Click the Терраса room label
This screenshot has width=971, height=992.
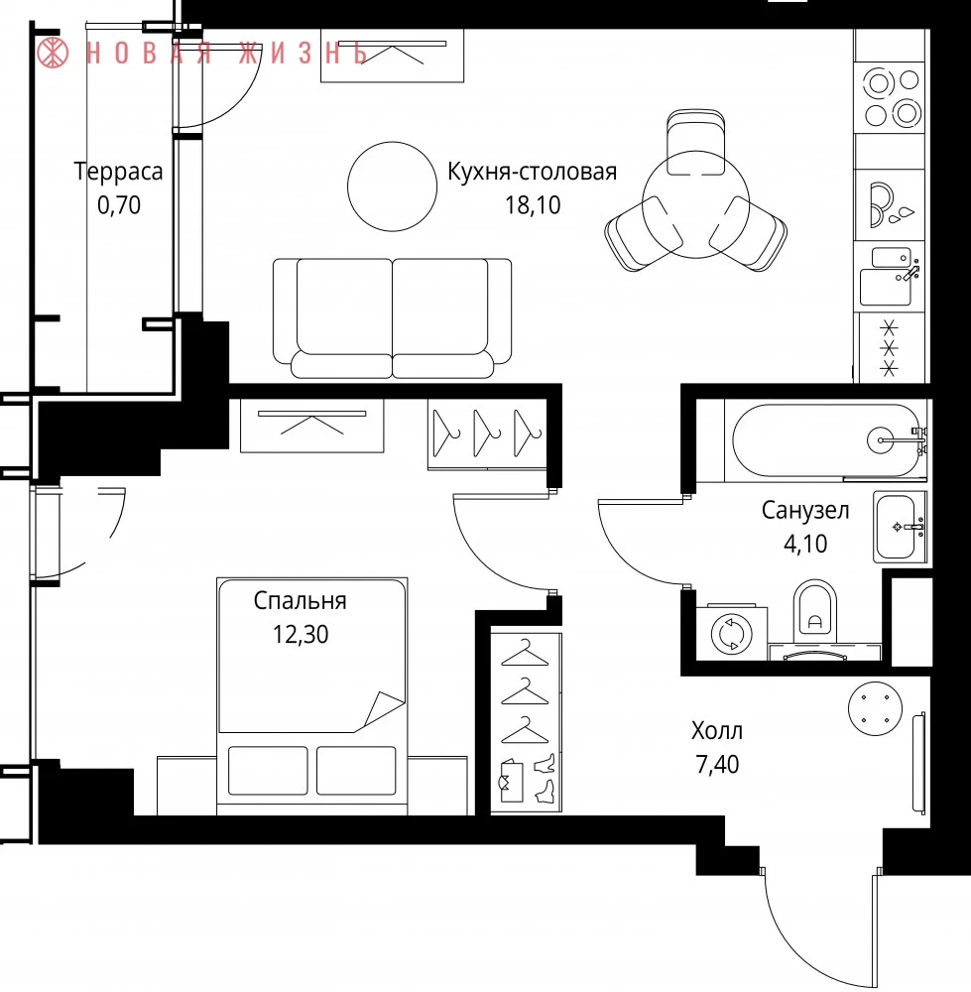(118, 172)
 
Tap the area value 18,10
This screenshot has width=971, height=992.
(533, 205)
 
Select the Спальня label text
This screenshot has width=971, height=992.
(300, 600)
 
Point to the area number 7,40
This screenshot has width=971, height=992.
(717, 764)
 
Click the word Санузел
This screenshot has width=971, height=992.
(805, 510)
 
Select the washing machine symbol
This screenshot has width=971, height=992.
(732, 633)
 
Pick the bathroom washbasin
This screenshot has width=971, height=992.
(900, 527)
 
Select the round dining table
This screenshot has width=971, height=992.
(696, 203)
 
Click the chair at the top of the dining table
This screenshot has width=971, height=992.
(696, 142)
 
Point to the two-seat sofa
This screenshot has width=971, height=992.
(392, 317)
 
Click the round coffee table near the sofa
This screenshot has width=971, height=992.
(392, 186)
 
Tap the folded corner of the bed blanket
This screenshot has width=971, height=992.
(384, 708)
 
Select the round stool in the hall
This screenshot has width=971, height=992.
(875, 708)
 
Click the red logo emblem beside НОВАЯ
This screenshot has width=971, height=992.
(53, 52)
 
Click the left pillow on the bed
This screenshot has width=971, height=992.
(268, 770)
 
